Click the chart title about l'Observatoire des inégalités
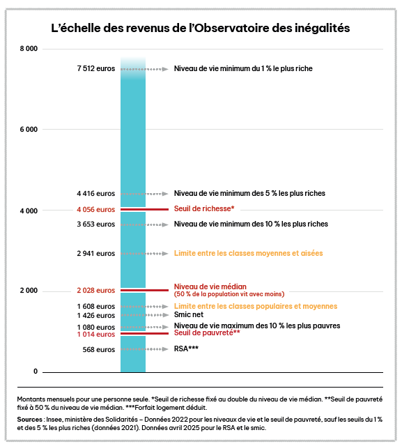[x=201, y=28]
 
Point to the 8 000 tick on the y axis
[x=29, y=49]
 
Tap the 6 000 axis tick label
[x=29, y=130]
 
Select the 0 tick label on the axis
[x=36, y=372]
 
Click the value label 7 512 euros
[x=96, y=68]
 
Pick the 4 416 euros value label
[x=96, y=193]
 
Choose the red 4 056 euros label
[x=96, y=210]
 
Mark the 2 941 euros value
[x=96, y=254]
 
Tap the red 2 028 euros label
[x=96, y=291]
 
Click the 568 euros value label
[x=99, y=350]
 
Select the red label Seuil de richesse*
[x=204, y=208]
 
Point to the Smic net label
[x=189, y=314]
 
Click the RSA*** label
[x=186, y=349]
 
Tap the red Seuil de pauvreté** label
[x=207, y=332]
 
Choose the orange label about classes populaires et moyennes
[x=256, y=307]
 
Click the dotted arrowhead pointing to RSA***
[x=165, y=349]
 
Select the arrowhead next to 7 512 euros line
[x=165, y=69]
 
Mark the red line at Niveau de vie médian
[x=145, y=290]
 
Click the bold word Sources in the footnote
[x=29, y=420]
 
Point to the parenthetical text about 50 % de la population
[x=229, y=294]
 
